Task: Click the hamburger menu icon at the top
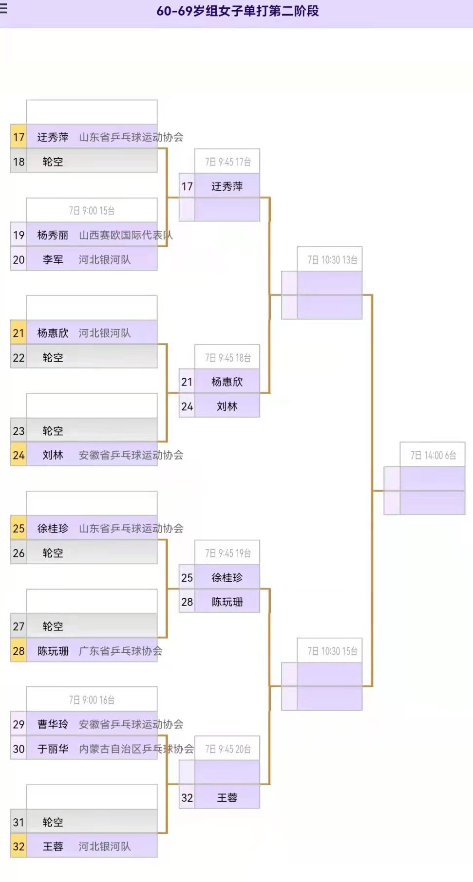tap(3, 8)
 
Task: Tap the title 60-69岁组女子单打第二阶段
tap(238, 11)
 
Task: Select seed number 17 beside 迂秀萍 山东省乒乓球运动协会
tap(19, 137)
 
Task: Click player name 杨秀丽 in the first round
tap(53, 236)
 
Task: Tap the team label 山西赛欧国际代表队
tap(126, 236)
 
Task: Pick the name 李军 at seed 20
tap(53, 260)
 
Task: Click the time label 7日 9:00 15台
tap(92, 211)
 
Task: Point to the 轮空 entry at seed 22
tap(53, 358)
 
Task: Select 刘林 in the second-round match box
tap(227, 406)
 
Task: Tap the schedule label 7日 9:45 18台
tap(227, 358)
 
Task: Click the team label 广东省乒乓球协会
tap(120, 651)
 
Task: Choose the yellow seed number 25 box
tap(19, 529)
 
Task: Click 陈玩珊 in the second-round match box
tap(227, 602)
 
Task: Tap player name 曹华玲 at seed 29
tap(53, 724)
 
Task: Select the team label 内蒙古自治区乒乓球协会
tap(136, 749)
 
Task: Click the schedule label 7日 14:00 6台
tap(433, 456)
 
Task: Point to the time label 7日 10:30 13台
tap(332, 260)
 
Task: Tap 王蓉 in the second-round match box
tap(227, 798)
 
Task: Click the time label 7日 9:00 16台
tap(92, 700)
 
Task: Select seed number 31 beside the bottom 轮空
tap(19, 822)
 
